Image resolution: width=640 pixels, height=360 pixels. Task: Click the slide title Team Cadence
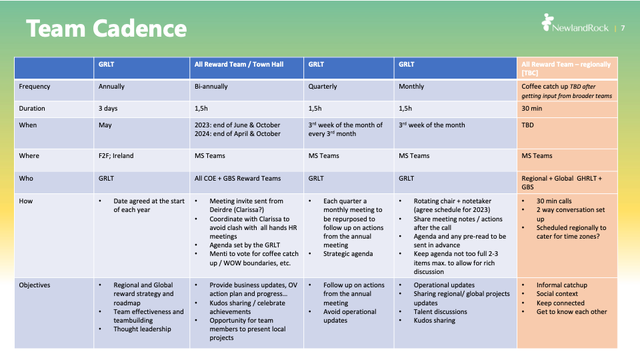[107, 29]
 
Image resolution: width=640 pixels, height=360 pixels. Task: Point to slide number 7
[623, 28]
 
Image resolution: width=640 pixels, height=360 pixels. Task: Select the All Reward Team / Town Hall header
[239, 65]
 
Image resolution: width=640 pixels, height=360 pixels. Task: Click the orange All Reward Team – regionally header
[566, 68]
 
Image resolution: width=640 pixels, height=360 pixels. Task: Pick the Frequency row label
[35, 87]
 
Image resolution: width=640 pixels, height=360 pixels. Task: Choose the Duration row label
[32, 109]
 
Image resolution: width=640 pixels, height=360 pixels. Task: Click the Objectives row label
[35, 285]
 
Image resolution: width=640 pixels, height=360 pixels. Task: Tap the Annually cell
[112, 87]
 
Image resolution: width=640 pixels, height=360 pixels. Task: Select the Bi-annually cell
[211, 87]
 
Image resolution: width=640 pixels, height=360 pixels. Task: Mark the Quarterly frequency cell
[323, 87]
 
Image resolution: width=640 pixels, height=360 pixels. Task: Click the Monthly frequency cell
[412, 87]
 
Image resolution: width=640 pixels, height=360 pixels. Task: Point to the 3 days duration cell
[109, 109]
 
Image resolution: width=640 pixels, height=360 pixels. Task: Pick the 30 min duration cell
[531, 109]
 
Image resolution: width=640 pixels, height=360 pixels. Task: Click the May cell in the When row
[105, 125]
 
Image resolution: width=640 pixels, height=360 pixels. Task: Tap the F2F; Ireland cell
[116, 156]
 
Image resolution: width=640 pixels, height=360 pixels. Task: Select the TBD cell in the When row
[527, 125]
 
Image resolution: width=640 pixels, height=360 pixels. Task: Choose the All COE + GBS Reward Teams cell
[238, 179]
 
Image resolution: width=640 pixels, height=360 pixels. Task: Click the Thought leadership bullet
[142, 329]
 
